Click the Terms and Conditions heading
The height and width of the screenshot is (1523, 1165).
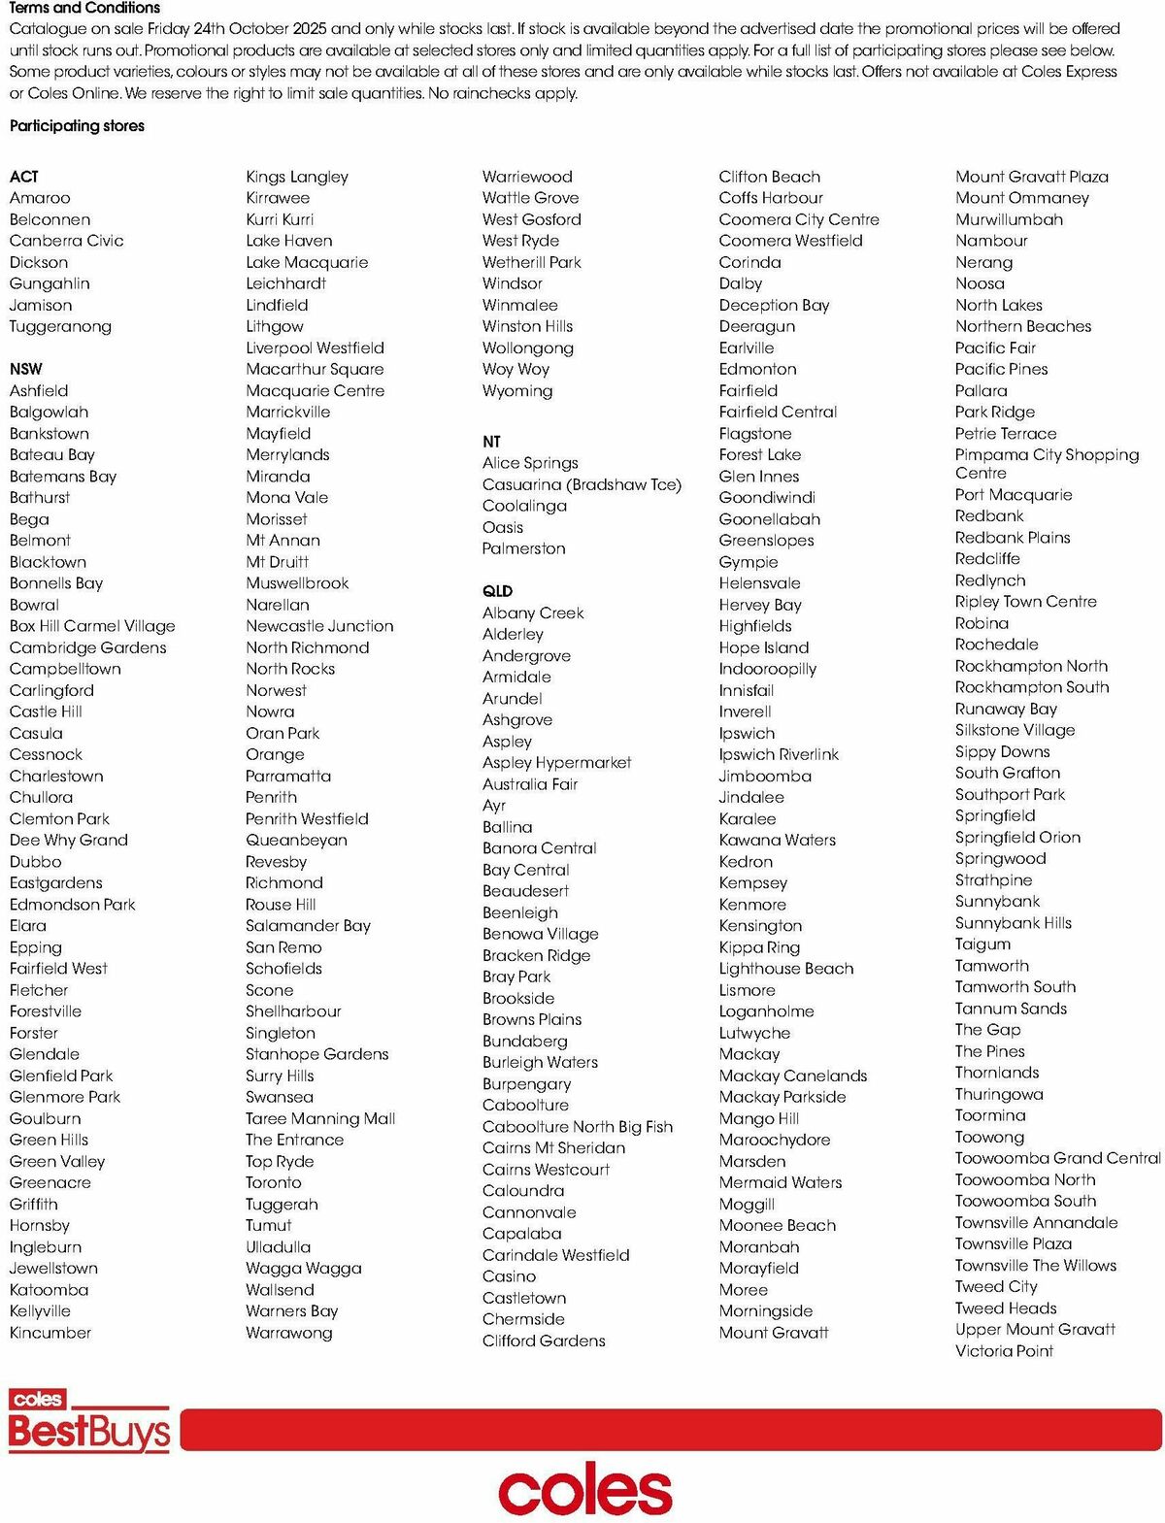tap(84, 8)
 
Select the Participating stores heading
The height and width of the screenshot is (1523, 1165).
tap(77, 126)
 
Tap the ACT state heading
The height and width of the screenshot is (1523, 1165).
tap(24, 177)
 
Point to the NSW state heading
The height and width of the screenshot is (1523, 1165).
tap(26, 369)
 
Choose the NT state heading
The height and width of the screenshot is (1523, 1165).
tap(491, 442)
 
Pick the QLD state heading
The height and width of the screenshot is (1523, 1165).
tap(497, 591)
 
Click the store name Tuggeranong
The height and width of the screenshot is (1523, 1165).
tap(60, 327)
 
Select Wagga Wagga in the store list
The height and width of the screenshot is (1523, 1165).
tap(303, 1269)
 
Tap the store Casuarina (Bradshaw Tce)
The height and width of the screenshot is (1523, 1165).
tap(582, 484)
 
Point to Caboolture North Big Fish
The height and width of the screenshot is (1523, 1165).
tap(577, 1127)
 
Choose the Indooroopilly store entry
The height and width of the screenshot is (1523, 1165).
tap(767, 669)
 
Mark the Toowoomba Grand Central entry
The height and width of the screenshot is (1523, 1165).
tap(1057, 1158)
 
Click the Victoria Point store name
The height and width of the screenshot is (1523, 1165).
tap(1004, 1351)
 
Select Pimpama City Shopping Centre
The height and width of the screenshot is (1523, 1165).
tap(1047, 464)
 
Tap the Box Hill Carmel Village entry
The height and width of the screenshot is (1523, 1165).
tap(92, 626)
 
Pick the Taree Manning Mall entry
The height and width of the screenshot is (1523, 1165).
tap(320, 1118)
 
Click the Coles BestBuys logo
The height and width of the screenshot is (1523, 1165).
tap(88, 1422)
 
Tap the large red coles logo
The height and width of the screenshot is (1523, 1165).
tap(584, 1490)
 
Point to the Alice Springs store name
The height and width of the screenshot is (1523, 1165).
tap(530, 463)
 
